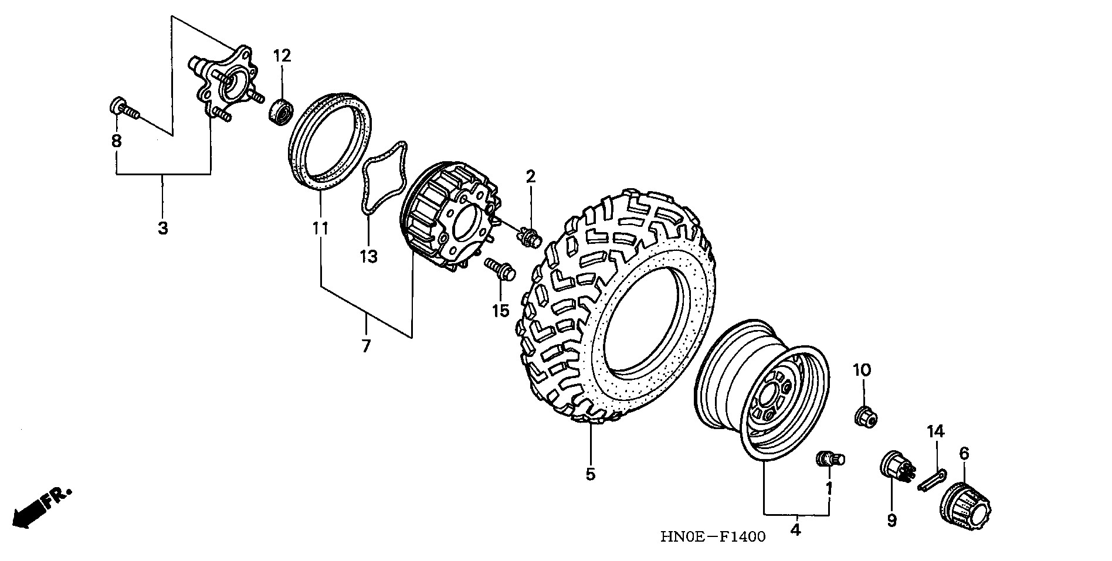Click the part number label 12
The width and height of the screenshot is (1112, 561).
pyautogui.click(x=282, y=56)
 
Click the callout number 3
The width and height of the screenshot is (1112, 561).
pyautogui.click(x=163, y=228)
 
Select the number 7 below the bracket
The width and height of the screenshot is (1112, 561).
pyautogui.click(x=366, y=346)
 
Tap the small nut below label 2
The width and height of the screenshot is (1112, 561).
pyautogui.click(x=529, y=238)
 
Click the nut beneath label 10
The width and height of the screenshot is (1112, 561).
pyautogui.click(x=864, y=416)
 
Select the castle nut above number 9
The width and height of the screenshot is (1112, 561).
pyautogui.click(x=894, y=466)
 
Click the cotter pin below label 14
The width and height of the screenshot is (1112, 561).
pyautogui.click(x=931, y=478)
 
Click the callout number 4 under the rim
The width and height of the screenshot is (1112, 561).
pyautogui.click(x=795, y=529)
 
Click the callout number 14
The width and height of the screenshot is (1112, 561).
pyautogui.click(x=935, y=432)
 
